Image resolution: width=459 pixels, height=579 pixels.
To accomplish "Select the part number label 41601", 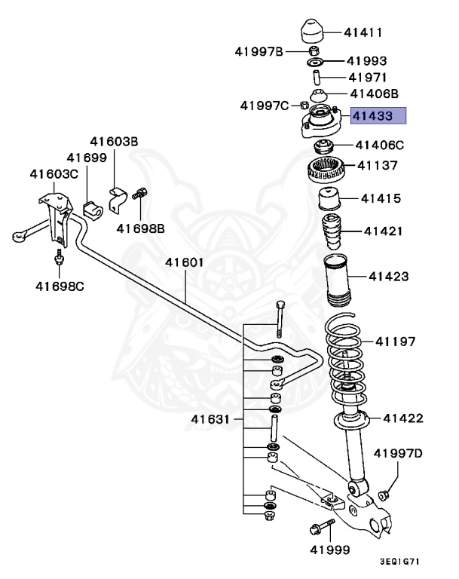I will click(185, 262).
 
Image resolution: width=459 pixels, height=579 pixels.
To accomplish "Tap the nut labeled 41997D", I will click(383, 495).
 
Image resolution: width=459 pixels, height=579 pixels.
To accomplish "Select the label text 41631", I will click(210, 418).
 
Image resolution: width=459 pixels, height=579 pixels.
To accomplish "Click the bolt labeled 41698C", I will click(59, 260).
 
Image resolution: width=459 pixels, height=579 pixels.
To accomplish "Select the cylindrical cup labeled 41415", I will click(329, 200).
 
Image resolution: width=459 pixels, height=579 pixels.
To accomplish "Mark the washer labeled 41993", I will click(316, 61).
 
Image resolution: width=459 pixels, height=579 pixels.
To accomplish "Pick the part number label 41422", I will click(402, 418).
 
